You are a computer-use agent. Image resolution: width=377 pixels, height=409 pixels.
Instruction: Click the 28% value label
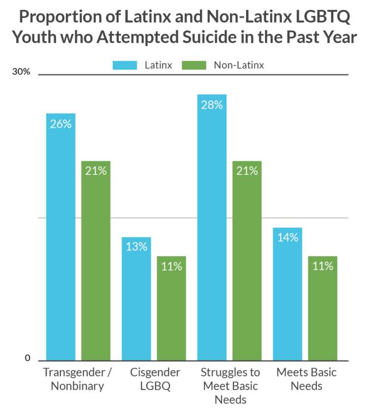coord(212,105)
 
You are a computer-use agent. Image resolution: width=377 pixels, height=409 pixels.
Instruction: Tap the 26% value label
coord(60,124)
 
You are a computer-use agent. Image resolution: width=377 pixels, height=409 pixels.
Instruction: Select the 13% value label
coord(136,246)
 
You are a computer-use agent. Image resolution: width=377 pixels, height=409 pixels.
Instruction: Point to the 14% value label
coord(287,237)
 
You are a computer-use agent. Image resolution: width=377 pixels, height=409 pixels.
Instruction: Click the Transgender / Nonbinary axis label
coord(74,379)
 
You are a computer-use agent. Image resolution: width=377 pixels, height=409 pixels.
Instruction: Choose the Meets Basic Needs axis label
coord(306,379)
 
